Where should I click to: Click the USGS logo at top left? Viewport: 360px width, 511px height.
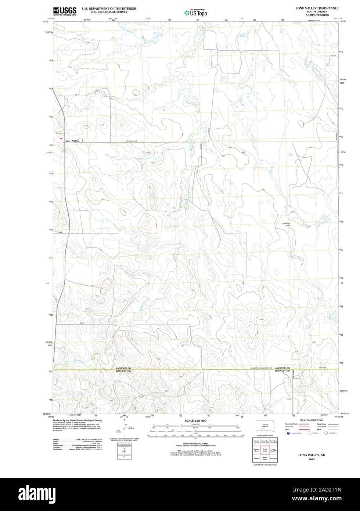[65, 11]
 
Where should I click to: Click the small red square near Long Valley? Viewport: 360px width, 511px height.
[61, 139]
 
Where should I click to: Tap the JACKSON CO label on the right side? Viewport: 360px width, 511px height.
[282, 368]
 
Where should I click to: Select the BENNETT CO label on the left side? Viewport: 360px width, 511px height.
[123, 371]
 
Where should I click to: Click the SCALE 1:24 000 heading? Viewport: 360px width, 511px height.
[195, 420]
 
